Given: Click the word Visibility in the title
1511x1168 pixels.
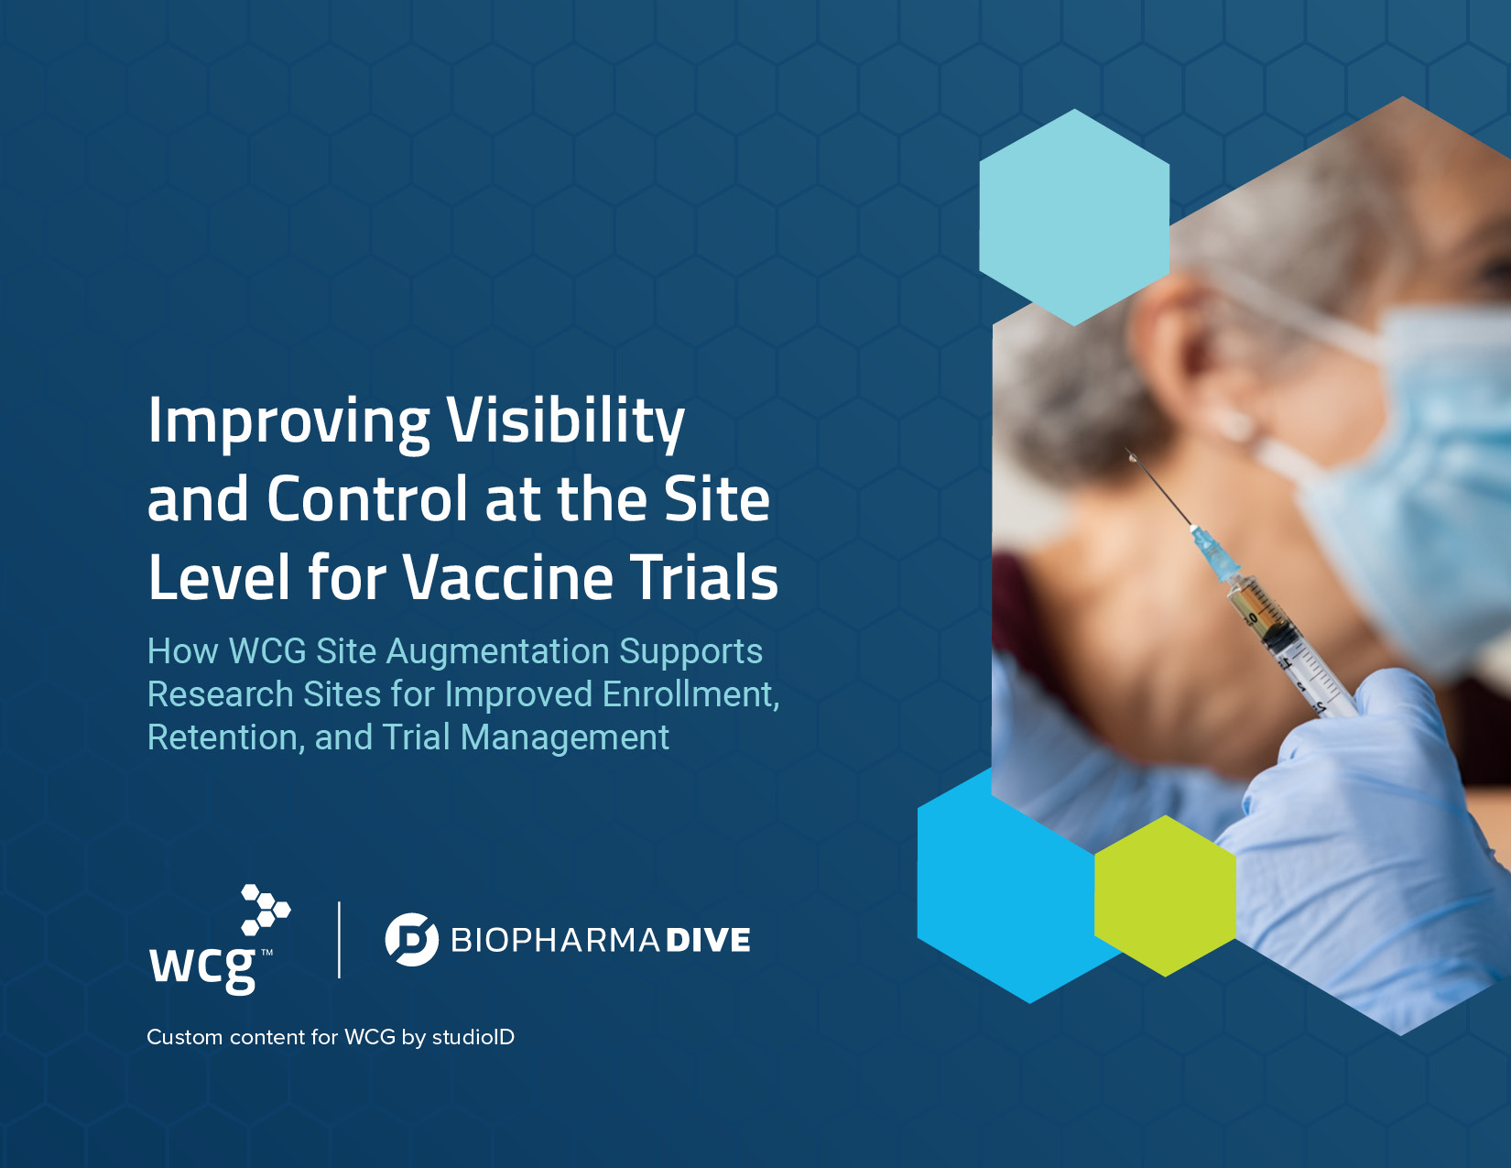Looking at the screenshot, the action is click(x=565, y=421).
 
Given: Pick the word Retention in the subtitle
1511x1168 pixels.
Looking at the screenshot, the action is click(x=226, y=738).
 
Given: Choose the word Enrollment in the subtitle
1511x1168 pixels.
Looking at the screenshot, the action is click(x=691, y=695).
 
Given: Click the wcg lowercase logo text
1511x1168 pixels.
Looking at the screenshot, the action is click(x=202, y=967).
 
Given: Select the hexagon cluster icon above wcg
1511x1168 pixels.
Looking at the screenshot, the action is click(x=266, y=910).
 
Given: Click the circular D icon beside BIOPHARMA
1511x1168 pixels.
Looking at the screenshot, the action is click(x=412, y=940).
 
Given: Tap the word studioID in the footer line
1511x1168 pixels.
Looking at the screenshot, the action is click(x=473, y=1037).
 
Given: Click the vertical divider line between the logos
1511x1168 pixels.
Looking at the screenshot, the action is click(x=340, y=940).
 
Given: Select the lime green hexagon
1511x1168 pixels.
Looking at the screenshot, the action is click(x=1166, y=896).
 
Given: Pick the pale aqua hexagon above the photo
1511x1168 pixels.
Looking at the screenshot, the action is click(x=1074, y=217).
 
